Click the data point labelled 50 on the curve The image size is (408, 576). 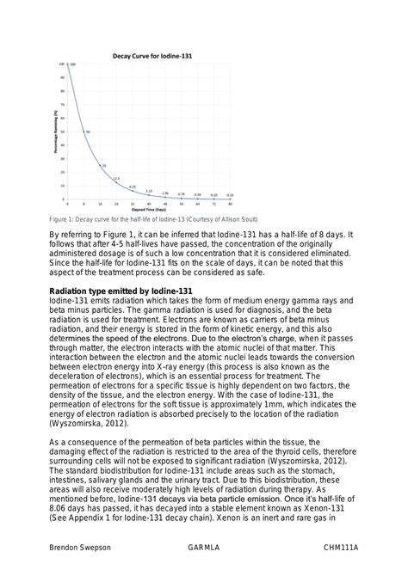(83, 131)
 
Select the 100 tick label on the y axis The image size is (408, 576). (62, 64)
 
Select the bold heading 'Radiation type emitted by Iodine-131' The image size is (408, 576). (121, 291)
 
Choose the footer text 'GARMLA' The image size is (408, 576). (204, 546)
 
